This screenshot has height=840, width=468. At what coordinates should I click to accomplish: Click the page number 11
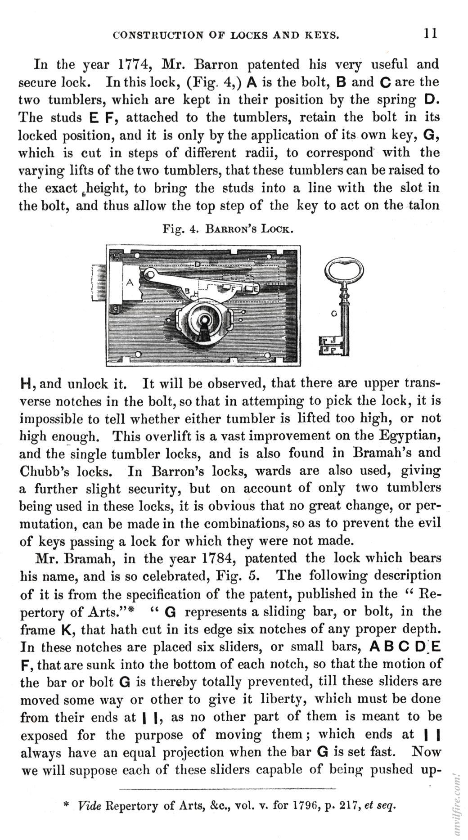[430, 34]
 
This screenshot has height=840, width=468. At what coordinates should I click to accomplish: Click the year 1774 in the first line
[133, 64]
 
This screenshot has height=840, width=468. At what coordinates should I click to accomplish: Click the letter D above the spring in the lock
[197, 264]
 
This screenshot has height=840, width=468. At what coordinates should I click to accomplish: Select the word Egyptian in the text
[409, 436]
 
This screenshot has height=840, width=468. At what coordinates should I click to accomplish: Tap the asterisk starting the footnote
[66, 805]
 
